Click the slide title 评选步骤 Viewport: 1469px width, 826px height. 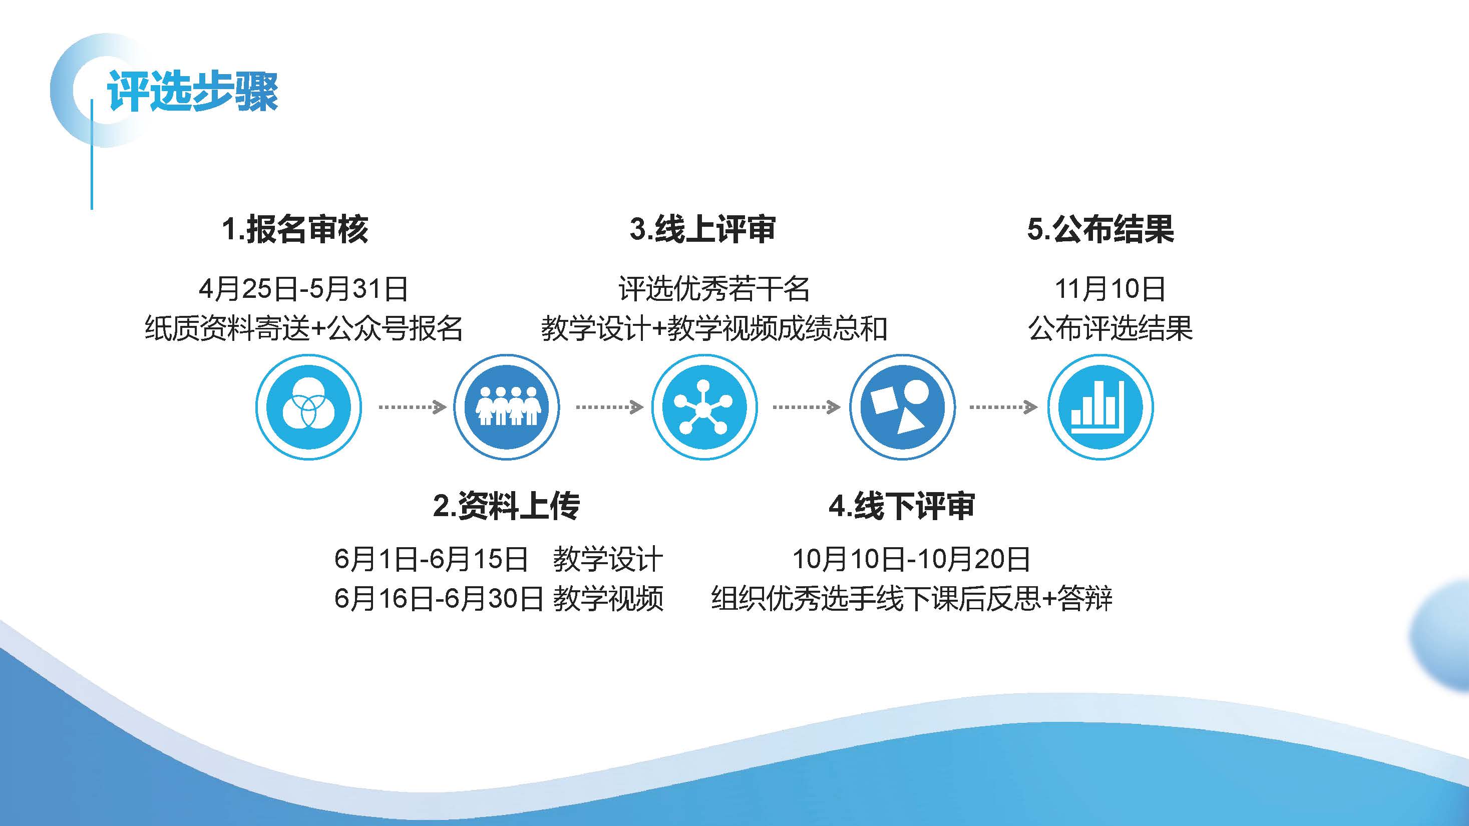(x=192, y=91)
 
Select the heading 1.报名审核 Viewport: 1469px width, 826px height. (x=295, y=229)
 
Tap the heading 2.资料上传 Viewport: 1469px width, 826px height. (x=506, y=506)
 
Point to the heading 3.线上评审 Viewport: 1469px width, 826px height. (x=702, y=229)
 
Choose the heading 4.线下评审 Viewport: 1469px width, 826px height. (x=902, y=506)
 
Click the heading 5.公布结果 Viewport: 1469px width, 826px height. (x=1100, y=229)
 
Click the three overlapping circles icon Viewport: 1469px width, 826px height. (x=308, y=407)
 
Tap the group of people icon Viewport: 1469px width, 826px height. (x=506, y=407)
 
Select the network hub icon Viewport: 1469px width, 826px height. (x=704, y=407)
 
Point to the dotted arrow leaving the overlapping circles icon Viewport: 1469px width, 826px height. (x=412, y=407)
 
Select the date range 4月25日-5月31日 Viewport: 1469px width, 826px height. (x=303, y=288)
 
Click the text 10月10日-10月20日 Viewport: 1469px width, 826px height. (x=911, y=559)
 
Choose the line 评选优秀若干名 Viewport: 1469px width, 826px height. (x=714, y=288)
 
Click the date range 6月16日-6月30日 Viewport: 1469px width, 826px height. (x=439, y=599)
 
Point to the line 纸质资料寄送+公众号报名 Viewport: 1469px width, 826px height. (x=303, y=328)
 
